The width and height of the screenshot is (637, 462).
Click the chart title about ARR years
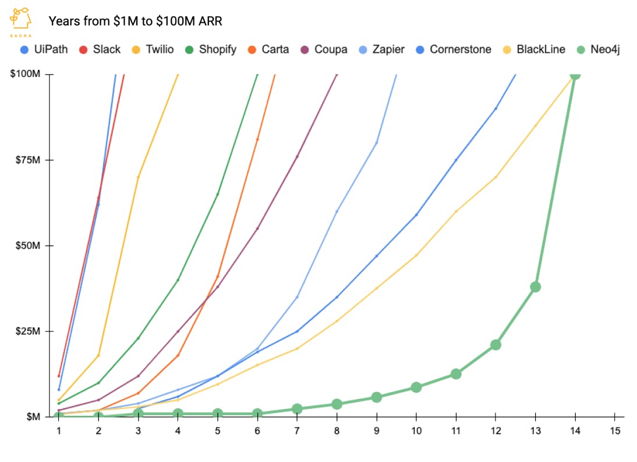pos(135,22)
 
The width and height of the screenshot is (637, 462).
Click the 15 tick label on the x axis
pos(615,431)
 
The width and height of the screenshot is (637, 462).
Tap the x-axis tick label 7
pos(297,431)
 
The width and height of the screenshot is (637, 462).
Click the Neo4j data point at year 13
pos(536,287)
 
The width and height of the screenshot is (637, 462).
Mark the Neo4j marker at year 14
pos(575,75)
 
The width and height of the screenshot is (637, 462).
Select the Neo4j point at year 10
pos(416,387)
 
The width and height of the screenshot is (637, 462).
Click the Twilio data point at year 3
pos(138,177)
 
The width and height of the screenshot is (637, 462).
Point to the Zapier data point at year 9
pos(377,143)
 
